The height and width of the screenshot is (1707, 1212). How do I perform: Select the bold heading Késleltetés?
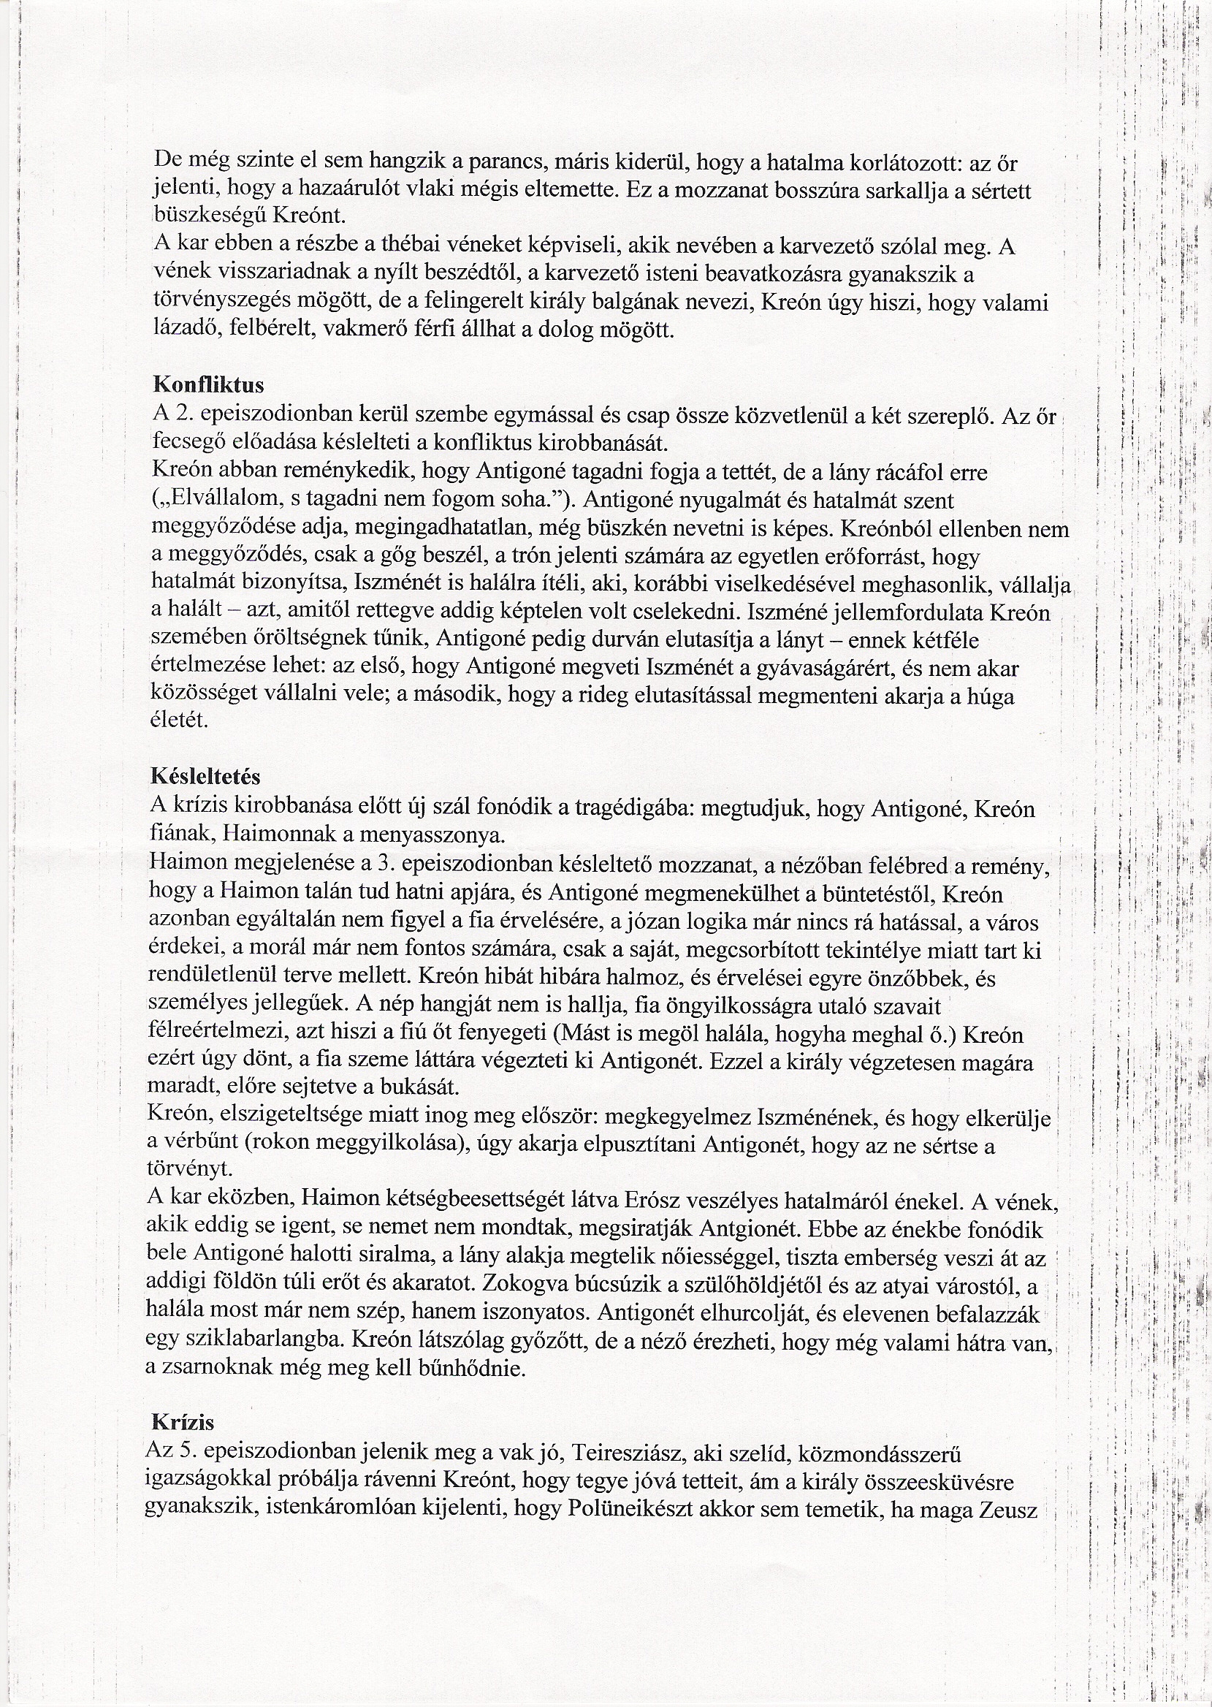click(x=206, y=777)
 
